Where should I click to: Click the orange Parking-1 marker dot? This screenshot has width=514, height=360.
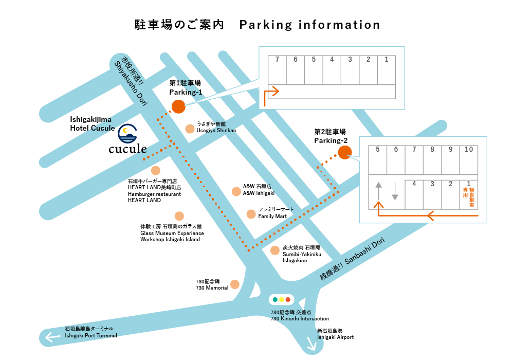178,106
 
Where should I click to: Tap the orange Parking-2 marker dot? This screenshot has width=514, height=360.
344,152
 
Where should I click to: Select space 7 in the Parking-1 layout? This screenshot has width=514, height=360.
277,70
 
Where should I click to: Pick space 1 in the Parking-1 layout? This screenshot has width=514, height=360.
387,70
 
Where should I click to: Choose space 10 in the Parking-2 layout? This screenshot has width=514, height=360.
469,160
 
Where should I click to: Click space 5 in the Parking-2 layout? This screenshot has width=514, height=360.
378,160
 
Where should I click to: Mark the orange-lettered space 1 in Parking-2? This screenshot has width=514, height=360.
469,194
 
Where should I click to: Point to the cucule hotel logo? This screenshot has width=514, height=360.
128,140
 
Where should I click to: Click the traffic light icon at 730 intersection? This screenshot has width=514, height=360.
282,299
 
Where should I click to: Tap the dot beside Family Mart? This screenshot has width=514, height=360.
251,214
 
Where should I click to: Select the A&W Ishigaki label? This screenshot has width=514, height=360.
259,190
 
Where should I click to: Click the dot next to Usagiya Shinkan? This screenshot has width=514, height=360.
190,128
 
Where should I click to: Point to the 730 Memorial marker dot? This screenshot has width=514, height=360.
235,284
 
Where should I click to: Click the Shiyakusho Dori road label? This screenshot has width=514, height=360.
128,82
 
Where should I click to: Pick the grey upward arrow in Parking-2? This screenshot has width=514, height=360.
379,190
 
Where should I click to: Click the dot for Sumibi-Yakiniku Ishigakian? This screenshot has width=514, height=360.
275,250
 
